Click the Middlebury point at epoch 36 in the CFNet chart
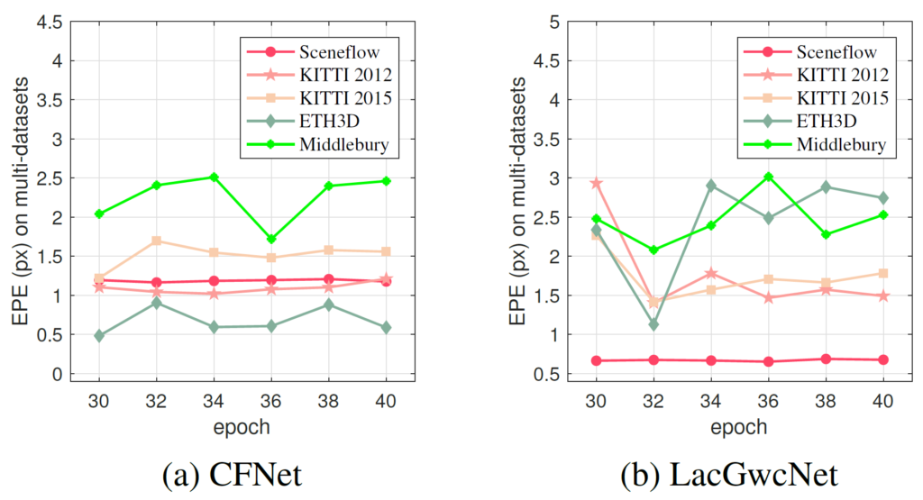(271, 239)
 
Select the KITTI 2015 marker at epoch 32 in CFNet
(157, 241)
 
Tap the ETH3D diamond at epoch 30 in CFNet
(99, 336)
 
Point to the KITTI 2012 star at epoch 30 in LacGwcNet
(596, 183)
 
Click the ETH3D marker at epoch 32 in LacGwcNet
(653, 324)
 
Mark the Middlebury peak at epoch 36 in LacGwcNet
(768, 177)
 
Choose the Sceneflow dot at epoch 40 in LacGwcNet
(882, 359)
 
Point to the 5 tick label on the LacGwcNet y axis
(564, 22)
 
